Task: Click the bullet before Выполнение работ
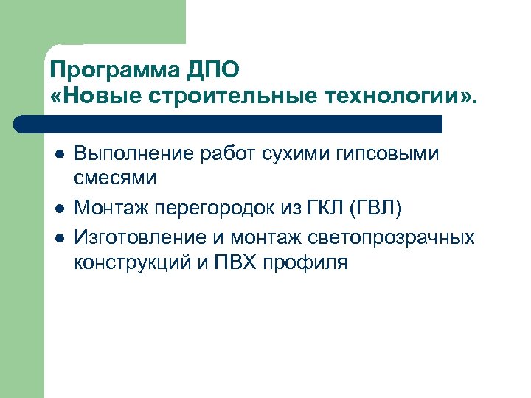point(58,155)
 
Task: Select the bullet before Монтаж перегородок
point(58,212)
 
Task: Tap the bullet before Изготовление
point(58,238)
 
